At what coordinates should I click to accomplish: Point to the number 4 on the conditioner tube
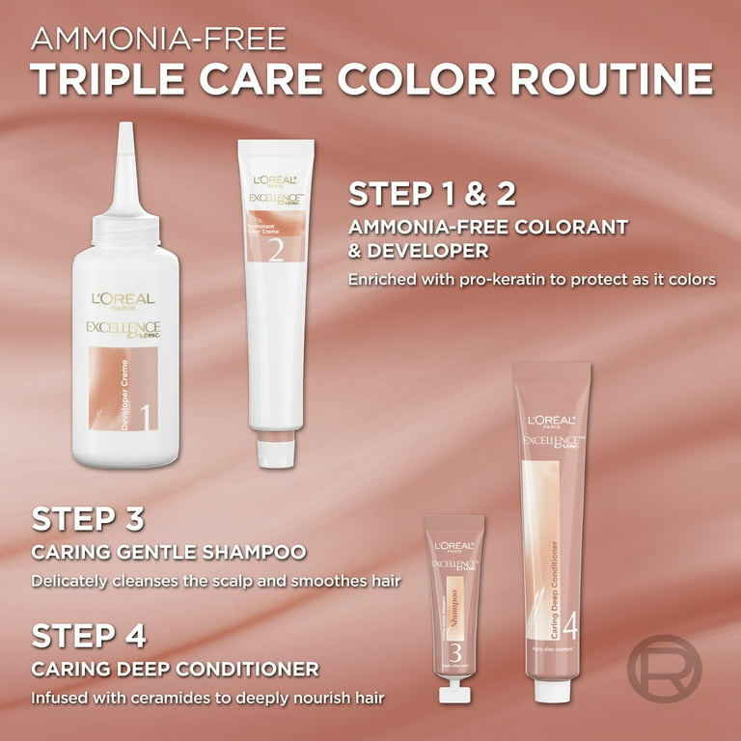tap(569, 628)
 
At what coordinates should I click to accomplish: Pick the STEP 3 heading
tap(88, 518)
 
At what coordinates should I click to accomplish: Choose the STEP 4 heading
tap(89, 636)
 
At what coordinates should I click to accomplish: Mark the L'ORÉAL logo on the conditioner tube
tap(550, 421)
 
